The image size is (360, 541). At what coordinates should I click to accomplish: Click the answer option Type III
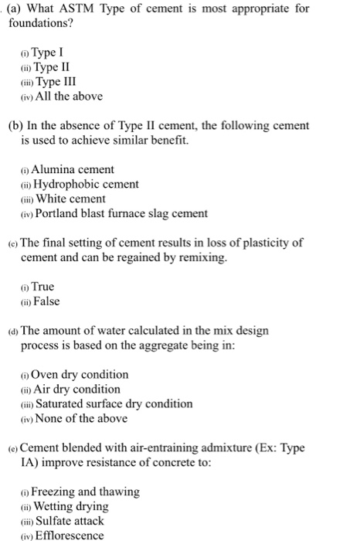click(56, 82)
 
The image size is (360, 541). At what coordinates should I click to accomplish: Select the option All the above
click(69, 97)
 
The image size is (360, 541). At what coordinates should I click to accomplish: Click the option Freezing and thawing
click(85, 492)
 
